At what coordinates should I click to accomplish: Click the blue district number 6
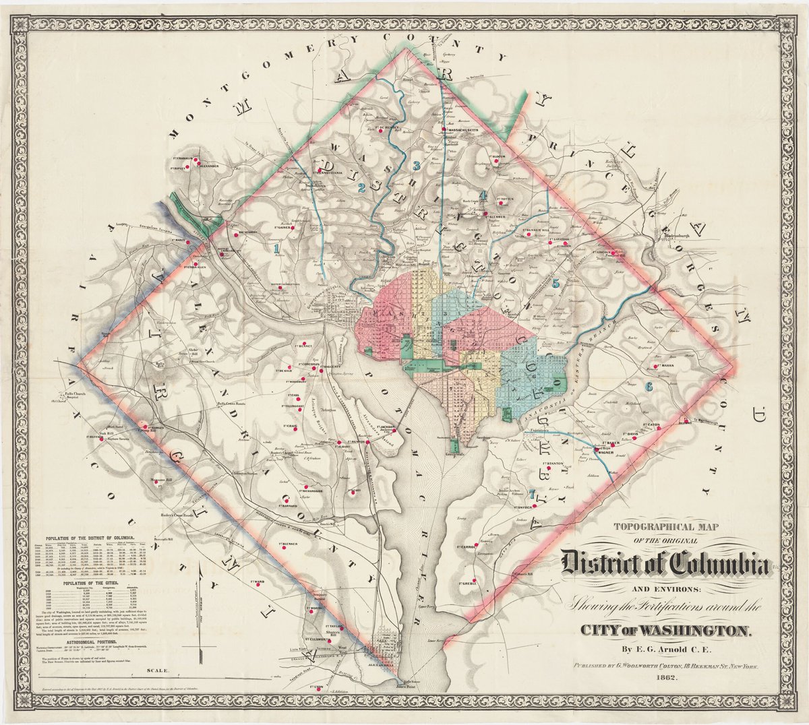(x=649, y=387)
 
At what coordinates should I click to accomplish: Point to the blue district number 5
(x=556, y=283)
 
